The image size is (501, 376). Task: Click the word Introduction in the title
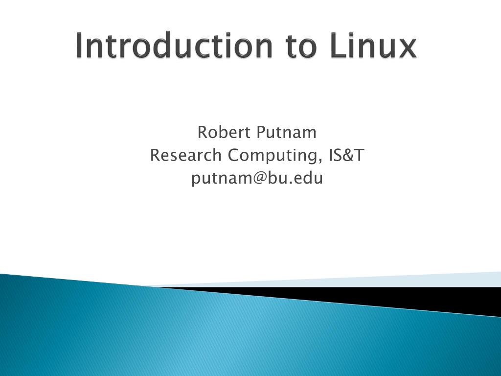[x=174, y=46]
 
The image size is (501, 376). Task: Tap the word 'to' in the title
[x=301, y=47]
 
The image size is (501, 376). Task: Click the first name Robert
[x=222, y=132]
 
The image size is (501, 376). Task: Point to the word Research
[x=185, y=156]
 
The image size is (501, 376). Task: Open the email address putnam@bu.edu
[x=257, y=179]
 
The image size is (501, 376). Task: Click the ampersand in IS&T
[x=348, y=156]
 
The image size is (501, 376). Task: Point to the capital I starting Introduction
[x=79, y=46]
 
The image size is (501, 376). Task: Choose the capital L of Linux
[x=337, y=46]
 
